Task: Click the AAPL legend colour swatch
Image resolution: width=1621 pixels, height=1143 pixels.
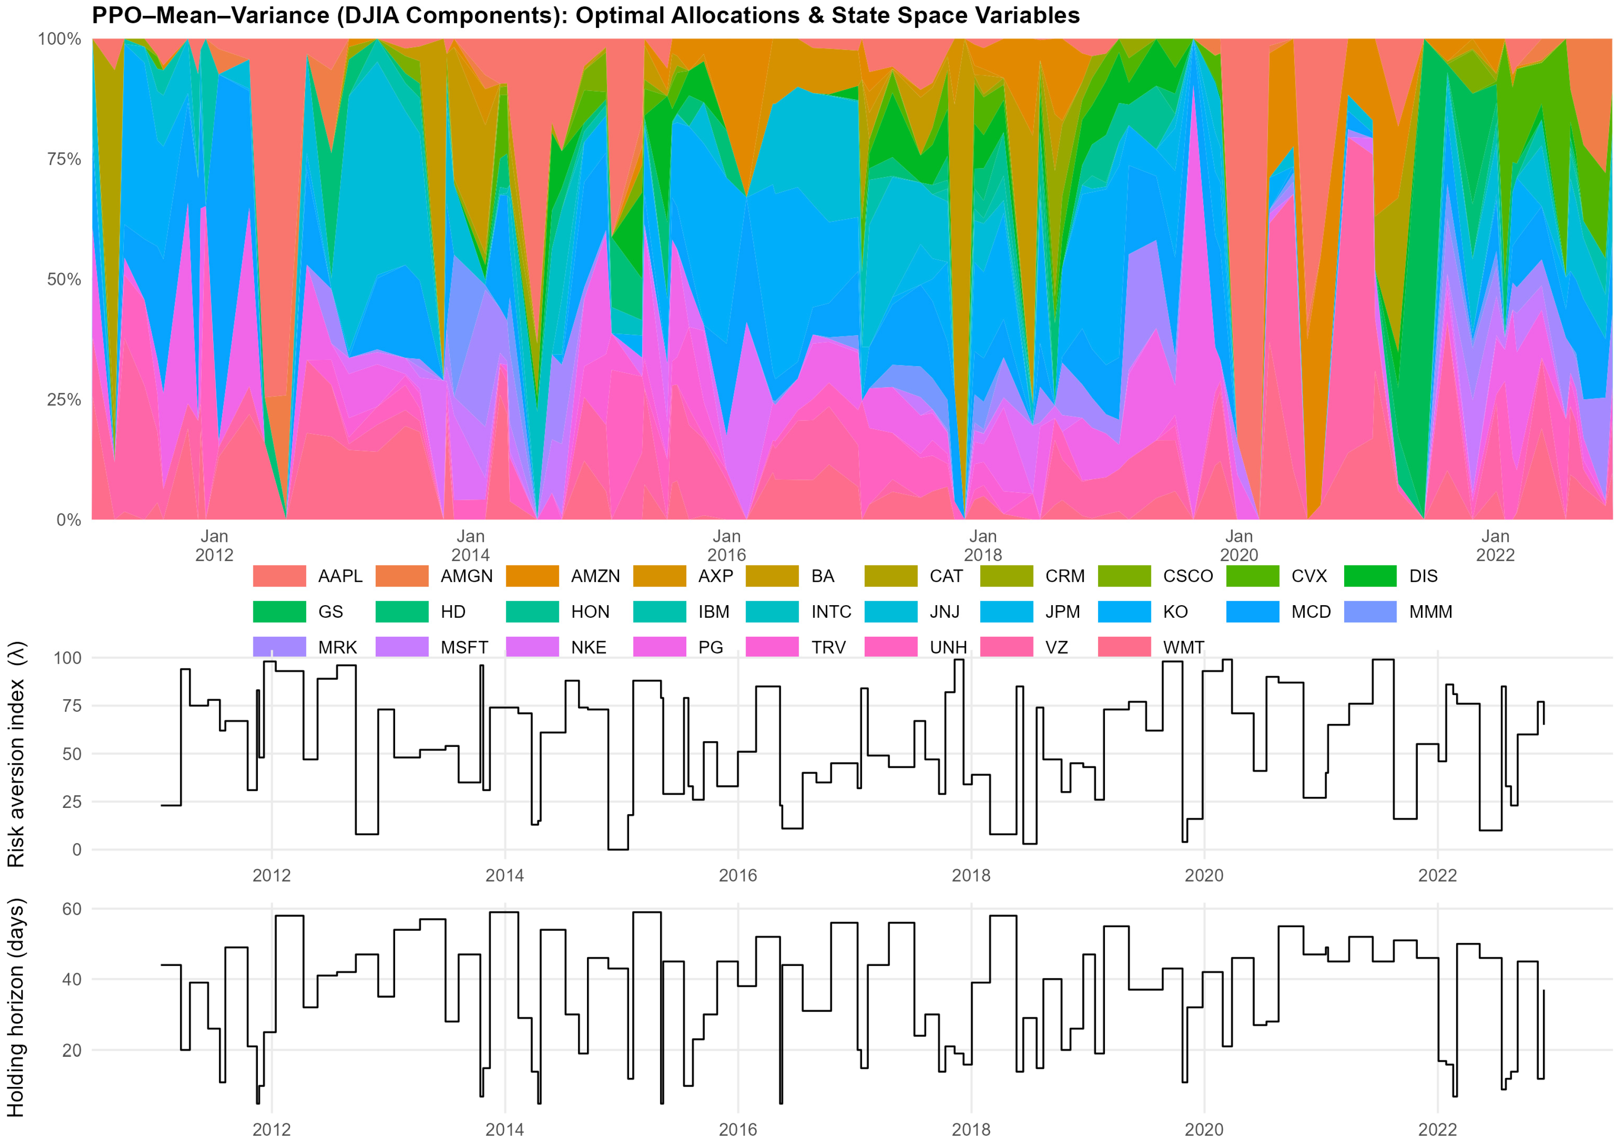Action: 279,576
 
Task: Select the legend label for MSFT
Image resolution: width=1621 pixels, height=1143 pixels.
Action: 464,648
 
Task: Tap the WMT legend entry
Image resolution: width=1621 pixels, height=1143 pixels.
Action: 1183,648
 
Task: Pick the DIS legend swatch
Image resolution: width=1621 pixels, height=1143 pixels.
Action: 1369,576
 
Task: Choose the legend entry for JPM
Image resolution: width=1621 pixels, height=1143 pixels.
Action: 1062,611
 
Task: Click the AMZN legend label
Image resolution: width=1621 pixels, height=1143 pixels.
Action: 595,576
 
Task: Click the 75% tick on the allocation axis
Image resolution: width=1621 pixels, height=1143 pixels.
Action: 64,159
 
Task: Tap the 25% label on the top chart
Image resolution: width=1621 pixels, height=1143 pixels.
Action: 64,400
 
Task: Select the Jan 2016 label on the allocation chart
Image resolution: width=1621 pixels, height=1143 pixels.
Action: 727,545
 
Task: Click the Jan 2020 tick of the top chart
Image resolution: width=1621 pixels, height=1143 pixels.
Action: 1239,545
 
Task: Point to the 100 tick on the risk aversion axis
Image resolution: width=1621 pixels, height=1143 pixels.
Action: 68,658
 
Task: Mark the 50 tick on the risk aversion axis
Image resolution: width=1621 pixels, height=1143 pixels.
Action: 72,754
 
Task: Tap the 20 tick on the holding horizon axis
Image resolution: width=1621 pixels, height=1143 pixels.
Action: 72,1050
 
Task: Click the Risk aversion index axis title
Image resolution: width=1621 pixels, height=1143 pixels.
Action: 15,754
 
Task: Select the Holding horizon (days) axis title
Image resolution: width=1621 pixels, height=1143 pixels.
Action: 15,1008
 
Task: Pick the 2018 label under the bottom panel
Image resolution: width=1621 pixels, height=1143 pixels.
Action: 971,1129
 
